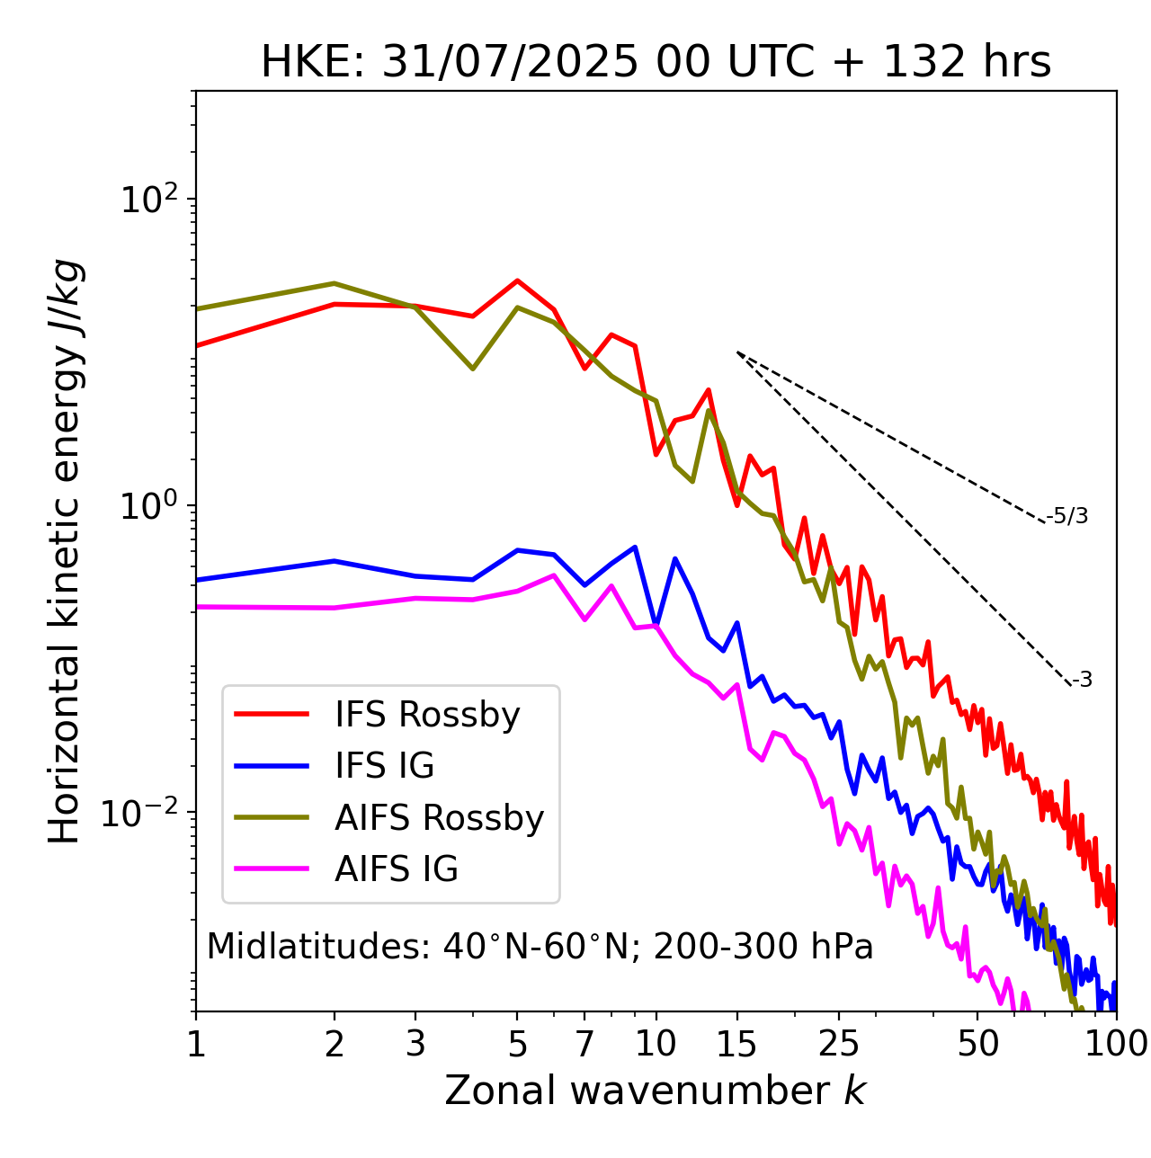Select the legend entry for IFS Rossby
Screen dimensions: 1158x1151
427,715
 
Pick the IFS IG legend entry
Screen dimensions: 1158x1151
384,766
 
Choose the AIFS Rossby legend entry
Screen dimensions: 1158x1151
439,818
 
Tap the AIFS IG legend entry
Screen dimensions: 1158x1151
397,869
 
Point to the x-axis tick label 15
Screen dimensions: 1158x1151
737,1044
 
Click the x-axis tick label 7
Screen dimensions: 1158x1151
584,1044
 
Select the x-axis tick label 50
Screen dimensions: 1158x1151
977,1044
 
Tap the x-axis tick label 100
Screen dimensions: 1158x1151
1115,1044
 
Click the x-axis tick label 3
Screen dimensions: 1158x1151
415,1044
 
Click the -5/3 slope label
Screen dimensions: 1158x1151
1067,516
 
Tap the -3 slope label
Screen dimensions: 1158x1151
1082,681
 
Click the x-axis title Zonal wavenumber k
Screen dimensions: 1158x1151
656,1091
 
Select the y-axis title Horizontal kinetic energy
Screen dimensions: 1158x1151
65,551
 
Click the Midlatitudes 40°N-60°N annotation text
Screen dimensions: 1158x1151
540,947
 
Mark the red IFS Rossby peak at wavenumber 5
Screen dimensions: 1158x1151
517,281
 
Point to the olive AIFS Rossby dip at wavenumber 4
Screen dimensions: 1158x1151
472,369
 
